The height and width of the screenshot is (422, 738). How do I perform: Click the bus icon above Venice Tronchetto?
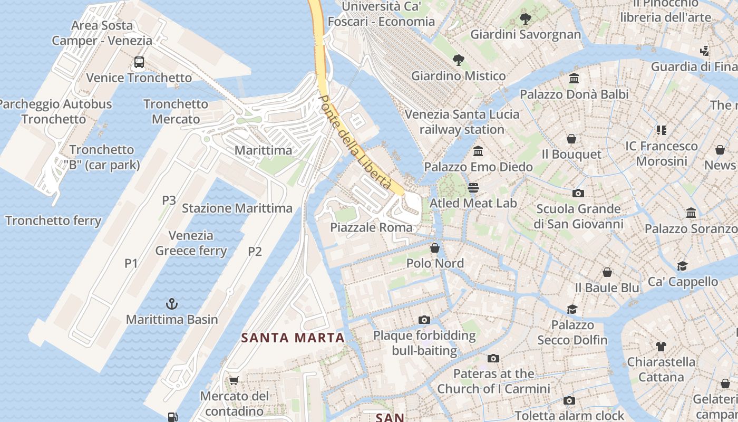pyautogui.click(x=139, y=62)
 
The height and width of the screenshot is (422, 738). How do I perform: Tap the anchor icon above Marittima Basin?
pyautogui.click(x=172, y=304)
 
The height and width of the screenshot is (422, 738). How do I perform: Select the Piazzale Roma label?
pyautogui.click(x=371, y=228)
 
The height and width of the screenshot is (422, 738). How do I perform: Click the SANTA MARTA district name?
pyautogui.click(x=293, y=338)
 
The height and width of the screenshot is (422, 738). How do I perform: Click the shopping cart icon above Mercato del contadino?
pyautogui.click(x=234, y=380)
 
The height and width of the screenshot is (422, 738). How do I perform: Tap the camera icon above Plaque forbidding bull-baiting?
pyautogui.click(x=424, y=320)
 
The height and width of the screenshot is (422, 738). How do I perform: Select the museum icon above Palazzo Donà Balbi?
pyautogui.click(x=574, y=79)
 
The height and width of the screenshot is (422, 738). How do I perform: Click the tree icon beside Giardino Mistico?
pyautogui.click(x=459, y=60)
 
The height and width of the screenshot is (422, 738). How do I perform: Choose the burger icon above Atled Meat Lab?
pyautogui.click(x=473, y=188)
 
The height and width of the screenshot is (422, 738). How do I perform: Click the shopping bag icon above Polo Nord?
pyautogui.click(x=435, y=247)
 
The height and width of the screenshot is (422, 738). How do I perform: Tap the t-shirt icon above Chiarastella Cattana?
pyautogui.click(x=661, y=347)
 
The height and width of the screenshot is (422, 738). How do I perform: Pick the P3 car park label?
pyautogui.click(x=169, y=200)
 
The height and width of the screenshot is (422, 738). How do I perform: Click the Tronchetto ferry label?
pyautogui.click(x=53, y=220)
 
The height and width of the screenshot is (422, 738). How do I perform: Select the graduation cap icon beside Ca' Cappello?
pyautogui.click(x=683, y=266)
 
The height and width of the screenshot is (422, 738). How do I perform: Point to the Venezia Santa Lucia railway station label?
pyautogui.click(x=462, y=122)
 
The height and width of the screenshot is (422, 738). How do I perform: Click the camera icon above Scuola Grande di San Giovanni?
pyautogui.click(x=578, y=193)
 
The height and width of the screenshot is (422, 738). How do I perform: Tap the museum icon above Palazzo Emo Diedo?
pyautogui.click(x=478, y=151)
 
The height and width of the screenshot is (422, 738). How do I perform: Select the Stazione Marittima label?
pyautogui.click(x=237, y=208)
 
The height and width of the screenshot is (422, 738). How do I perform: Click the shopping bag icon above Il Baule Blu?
pyautogui.click(x=607, y=272)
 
